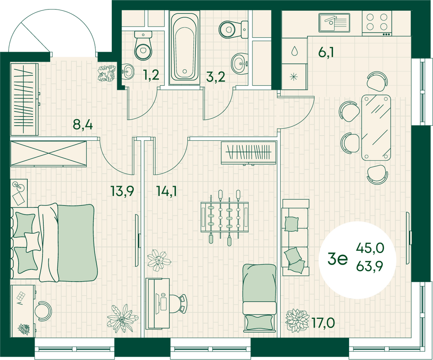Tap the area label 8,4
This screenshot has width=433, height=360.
pyautogui.click(x=82, y=125)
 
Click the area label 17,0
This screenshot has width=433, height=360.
pyautogui.click(x=323, y=322)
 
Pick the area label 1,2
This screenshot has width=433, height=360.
pyautogui.click(x=152, y=77)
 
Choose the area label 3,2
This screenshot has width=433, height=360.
pyautogui.click(x=215, y=78)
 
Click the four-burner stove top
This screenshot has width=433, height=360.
pyautogui.click(x=376, y=23)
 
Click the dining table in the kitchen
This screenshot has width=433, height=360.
pyautogui.click(x=376, y=126)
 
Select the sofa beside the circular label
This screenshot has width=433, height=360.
pyautogui.click(x=295, y=237)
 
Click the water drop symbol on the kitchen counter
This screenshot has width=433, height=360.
pyautogui.click(x=294, y=51)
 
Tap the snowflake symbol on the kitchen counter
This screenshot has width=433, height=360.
pyautogui.click(x=294, y=78)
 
